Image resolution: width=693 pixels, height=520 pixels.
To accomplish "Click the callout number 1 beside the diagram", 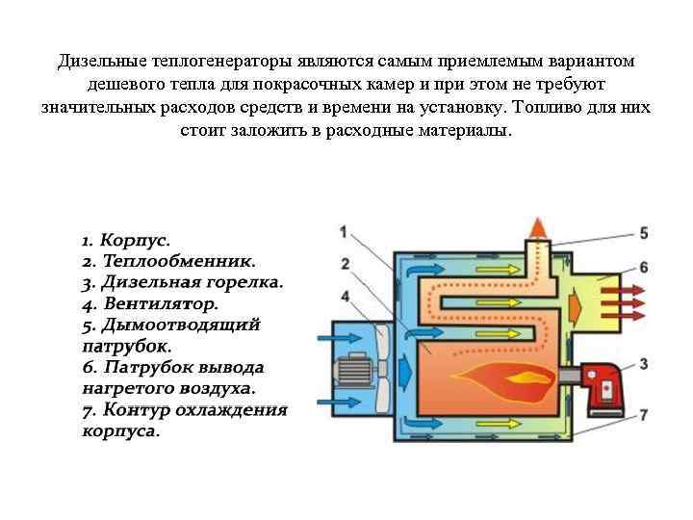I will coord(344,231).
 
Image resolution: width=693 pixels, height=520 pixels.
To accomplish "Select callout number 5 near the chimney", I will coord(643,233).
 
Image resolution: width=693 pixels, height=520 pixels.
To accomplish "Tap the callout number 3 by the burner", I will coord(643,364).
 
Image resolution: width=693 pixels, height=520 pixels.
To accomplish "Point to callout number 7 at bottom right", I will coord(643,414).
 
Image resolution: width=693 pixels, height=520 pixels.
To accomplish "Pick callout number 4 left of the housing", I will coord(344,295).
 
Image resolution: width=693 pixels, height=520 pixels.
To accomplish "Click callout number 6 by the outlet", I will coord(643,266).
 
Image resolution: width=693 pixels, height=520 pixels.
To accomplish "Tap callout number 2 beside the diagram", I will coord(344,262).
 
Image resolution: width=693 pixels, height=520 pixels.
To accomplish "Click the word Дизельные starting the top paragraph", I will coord(102,62).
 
